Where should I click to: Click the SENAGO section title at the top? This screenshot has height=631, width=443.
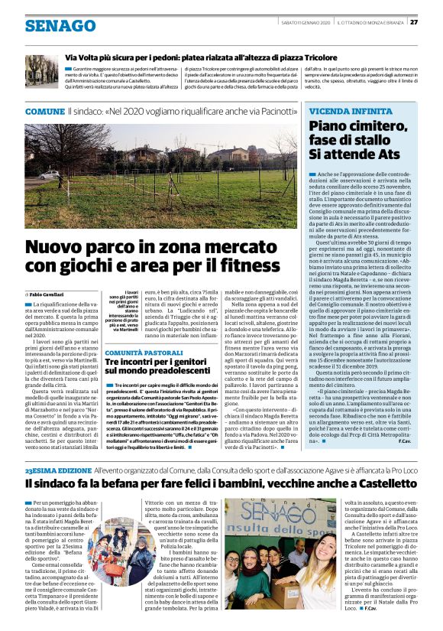pyautogui.click(x=60, y=25)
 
